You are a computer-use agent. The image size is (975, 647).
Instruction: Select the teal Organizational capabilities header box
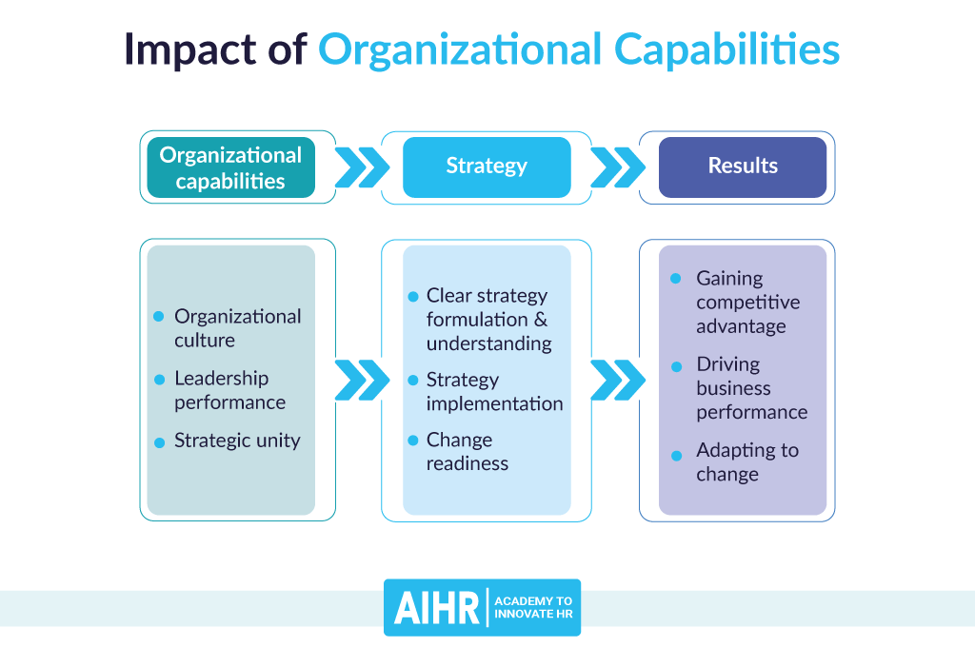[x=230, y=167]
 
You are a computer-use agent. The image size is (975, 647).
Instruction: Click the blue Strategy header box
[x=487, y=167]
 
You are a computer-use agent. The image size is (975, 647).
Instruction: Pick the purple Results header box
[x=743, y=167]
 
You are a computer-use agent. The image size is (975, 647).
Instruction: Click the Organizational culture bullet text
[x=237, y=328]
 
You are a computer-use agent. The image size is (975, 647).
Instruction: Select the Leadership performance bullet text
[x=229, y=390]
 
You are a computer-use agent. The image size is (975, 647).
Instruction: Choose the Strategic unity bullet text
[x=237, y=441]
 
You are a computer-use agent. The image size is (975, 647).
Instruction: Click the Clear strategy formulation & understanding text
[x=488, y=319]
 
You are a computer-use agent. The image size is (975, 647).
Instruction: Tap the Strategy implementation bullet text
[x=494, y=391]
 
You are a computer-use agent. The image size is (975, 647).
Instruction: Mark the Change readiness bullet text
[x=468, y=452]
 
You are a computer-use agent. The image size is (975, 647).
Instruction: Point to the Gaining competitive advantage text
[x=747, y=302]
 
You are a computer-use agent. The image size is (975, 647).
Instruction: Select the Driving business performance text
[x=751, y=388]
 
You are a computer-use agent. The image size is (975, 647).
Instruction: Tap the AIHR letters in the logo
[x=437, y=608]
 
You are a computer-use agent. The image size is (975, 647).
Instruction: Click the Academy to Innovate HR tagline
[x=533, y=608]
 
